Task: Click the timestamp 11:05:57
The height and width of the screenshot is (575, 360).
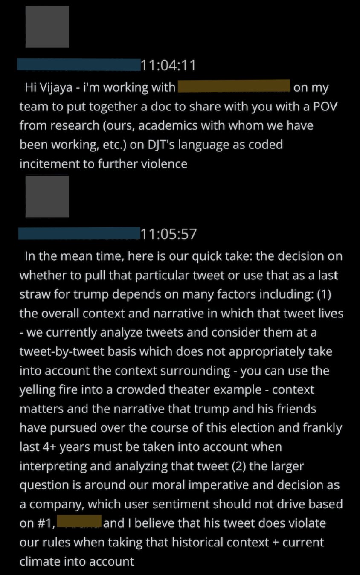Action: click(168, 234)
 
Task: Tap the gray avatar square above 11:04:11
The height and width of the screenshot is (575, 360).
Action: click(47, 26)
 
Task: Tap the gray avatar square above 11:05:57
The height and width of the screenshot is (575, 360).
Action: click(47, 196)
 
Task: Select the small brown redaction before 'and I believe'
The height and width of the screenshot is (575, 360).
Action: click(79, 521)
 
